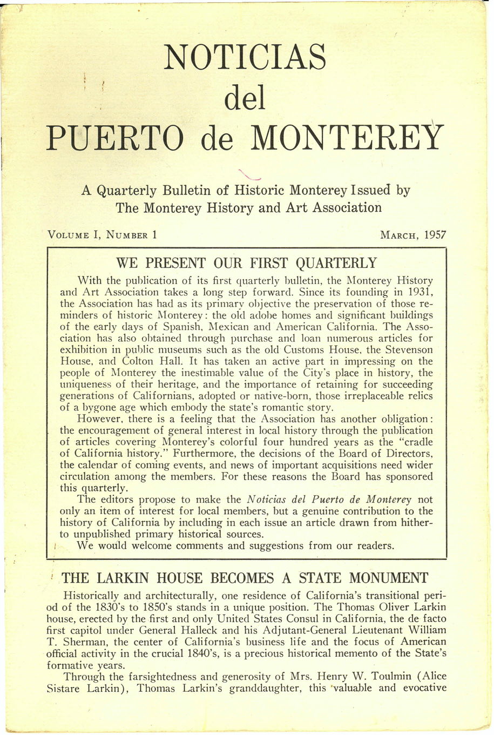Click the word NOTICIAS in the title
(x=245, y=57)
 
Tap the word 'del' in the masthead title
(x=245, y=98)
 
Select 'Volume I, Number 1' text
(x=103, y=235)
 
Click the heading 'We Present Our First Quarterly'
(x=247, y=264)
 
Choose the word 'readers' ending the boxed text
(x=375, y=546)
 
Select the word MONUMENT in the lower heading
(x=388, y=578)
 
